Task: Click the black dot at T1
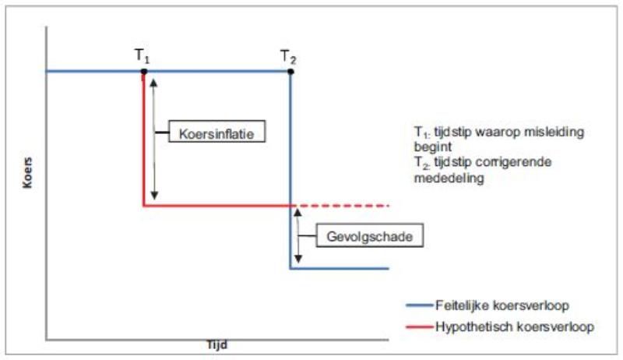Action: coord(143,72)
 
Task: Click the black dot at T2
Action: coord(290,72)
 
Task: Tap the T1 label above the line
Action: coord(143,56)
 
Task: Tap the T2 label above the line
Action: coord(289,56)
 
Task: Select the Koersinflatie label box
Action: coord(212,133)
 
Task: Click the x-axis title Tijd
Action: coord(218,344)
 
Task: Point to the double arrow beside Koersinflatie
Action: coord(153,136)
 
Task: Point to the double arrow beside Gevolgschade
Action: coord(297,237)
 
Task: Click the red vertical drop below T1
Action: coord(143,140)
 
